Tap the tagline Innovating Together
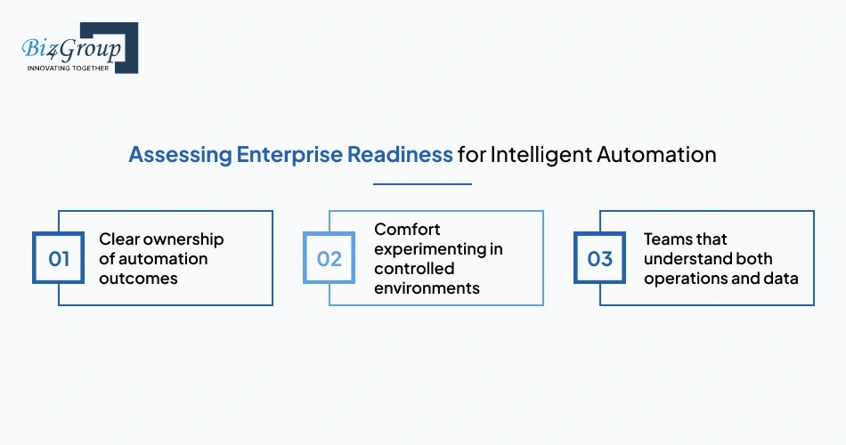tap(69, 68)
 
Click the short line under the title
tap(422, 184)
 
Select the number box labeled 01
tap(59, 259)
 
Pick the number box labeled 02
tap(329, 259)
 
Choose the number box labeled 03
tap(600, 259)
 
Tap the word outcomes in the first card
tap(139, 279)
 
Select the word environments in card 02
tap(427, 288)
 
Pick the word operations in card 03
tap(686, 279)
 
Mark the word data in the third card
tap(781, 279)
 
